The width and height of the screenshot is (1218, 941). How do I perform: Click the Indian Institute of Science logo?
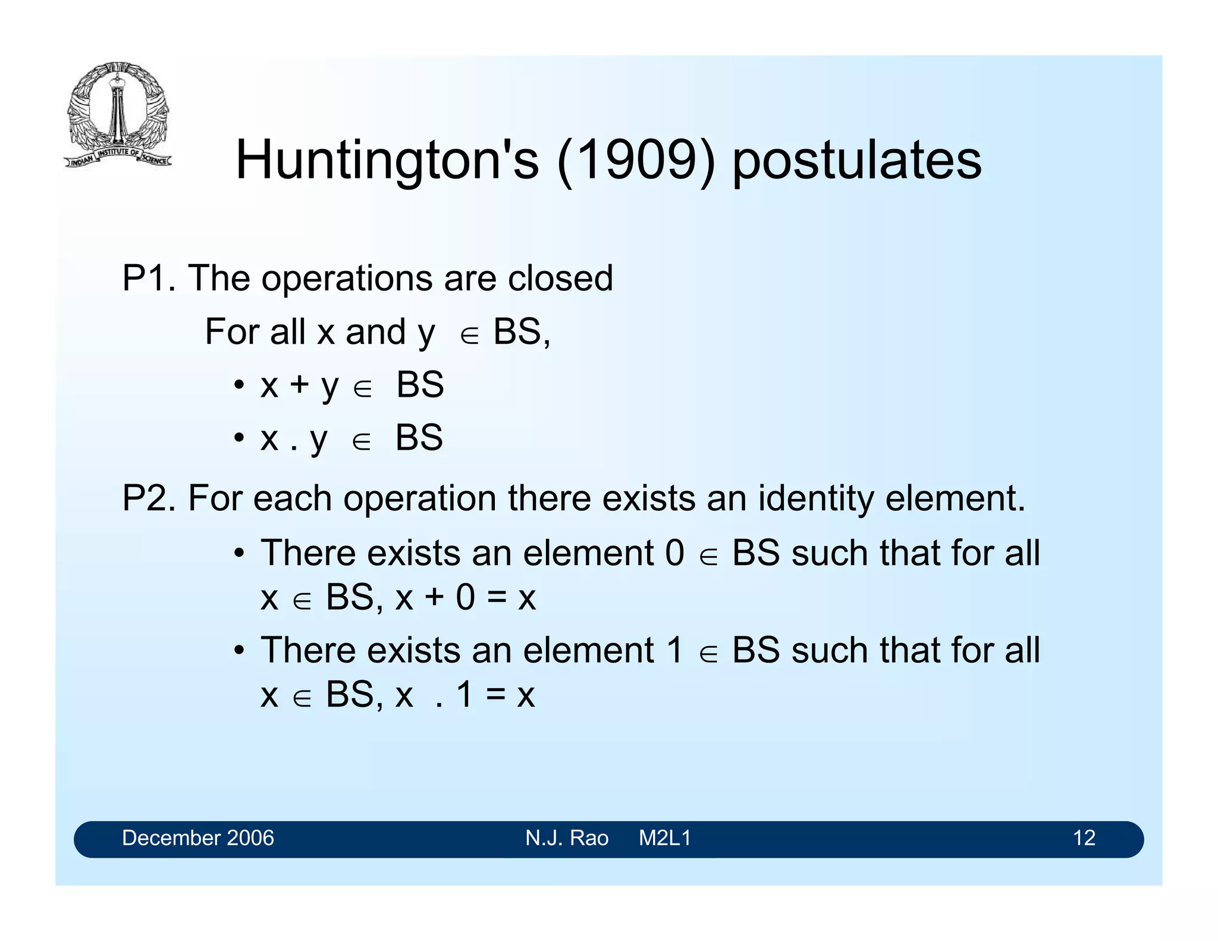(x=118, y=114)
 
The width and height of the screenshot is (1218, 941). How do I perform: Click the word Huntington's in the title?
(x=387, y=160)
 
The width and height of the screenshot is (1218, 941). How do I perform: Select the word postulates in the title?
(x=856, y=161)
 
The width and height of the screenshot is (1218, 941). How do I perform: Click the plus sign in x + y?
(x=299, y=384)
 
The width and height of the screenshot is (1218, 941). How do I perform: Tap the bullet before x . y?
(x=239, y=438)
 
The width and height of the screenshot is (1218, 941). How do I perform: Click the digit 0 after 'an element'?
(x=675, y=553)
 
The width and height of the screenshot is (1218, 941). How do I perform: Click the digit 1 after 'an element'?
(x=675, y=650)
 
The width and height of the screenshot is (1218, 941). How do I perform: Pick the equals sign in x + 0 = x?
(x=497, y=598)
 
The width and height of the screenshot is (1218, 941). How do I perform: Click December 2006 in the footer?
(x=197, y=838)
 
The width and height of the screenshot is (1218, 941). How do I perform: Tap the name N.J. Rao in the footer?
(x=566, y=838)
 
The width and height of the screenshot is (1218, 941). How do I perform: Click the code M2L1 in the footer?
(x=664, y=838)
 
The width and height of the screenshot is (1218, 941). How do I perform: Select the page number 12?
(x=1084, y=838)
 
